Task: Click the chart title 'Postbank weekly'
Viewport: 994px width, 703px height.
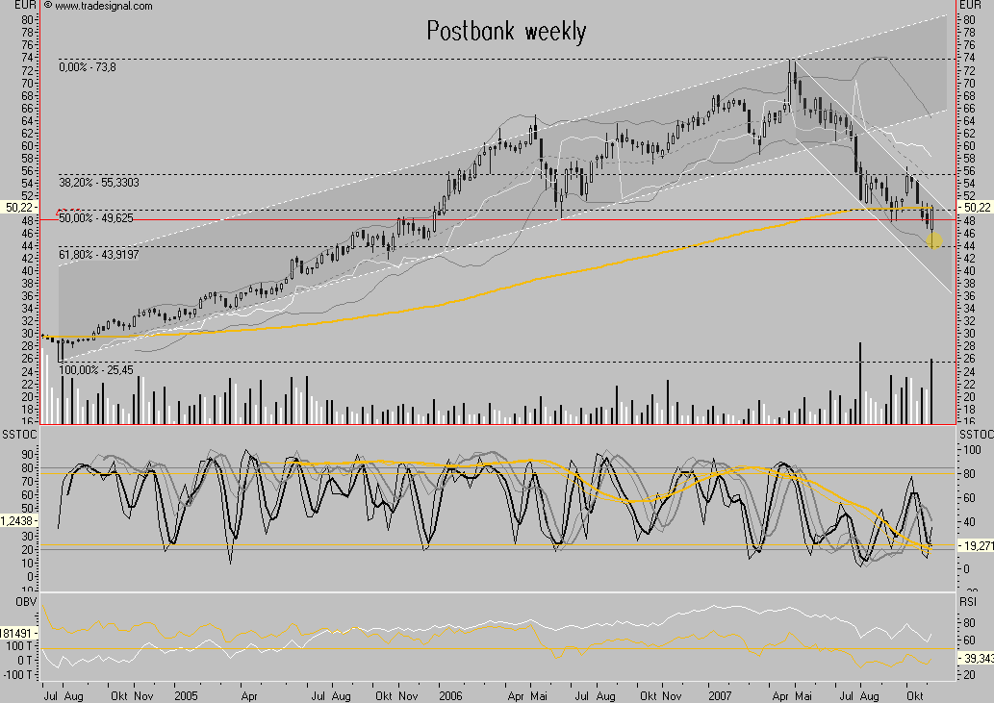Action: [506, 32]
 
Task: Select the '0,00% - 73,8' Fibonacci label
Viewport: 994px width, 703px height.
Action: [92, 66]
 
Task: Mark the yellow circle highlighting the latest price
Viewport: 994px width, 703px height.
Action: [934, 240]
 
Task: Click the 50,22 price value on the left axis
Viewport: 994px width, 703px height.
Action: [19, 207]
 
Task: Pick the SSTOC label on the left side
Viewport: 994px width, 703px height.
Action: [19, 436]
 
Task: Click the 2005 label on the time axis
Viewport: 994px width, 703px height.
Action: [187, 692]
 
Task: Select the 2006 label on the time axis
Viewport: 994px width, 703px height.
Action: [450, 692]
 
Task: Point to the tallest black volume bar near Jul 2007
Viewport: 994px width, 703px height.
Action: [860, 383]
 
